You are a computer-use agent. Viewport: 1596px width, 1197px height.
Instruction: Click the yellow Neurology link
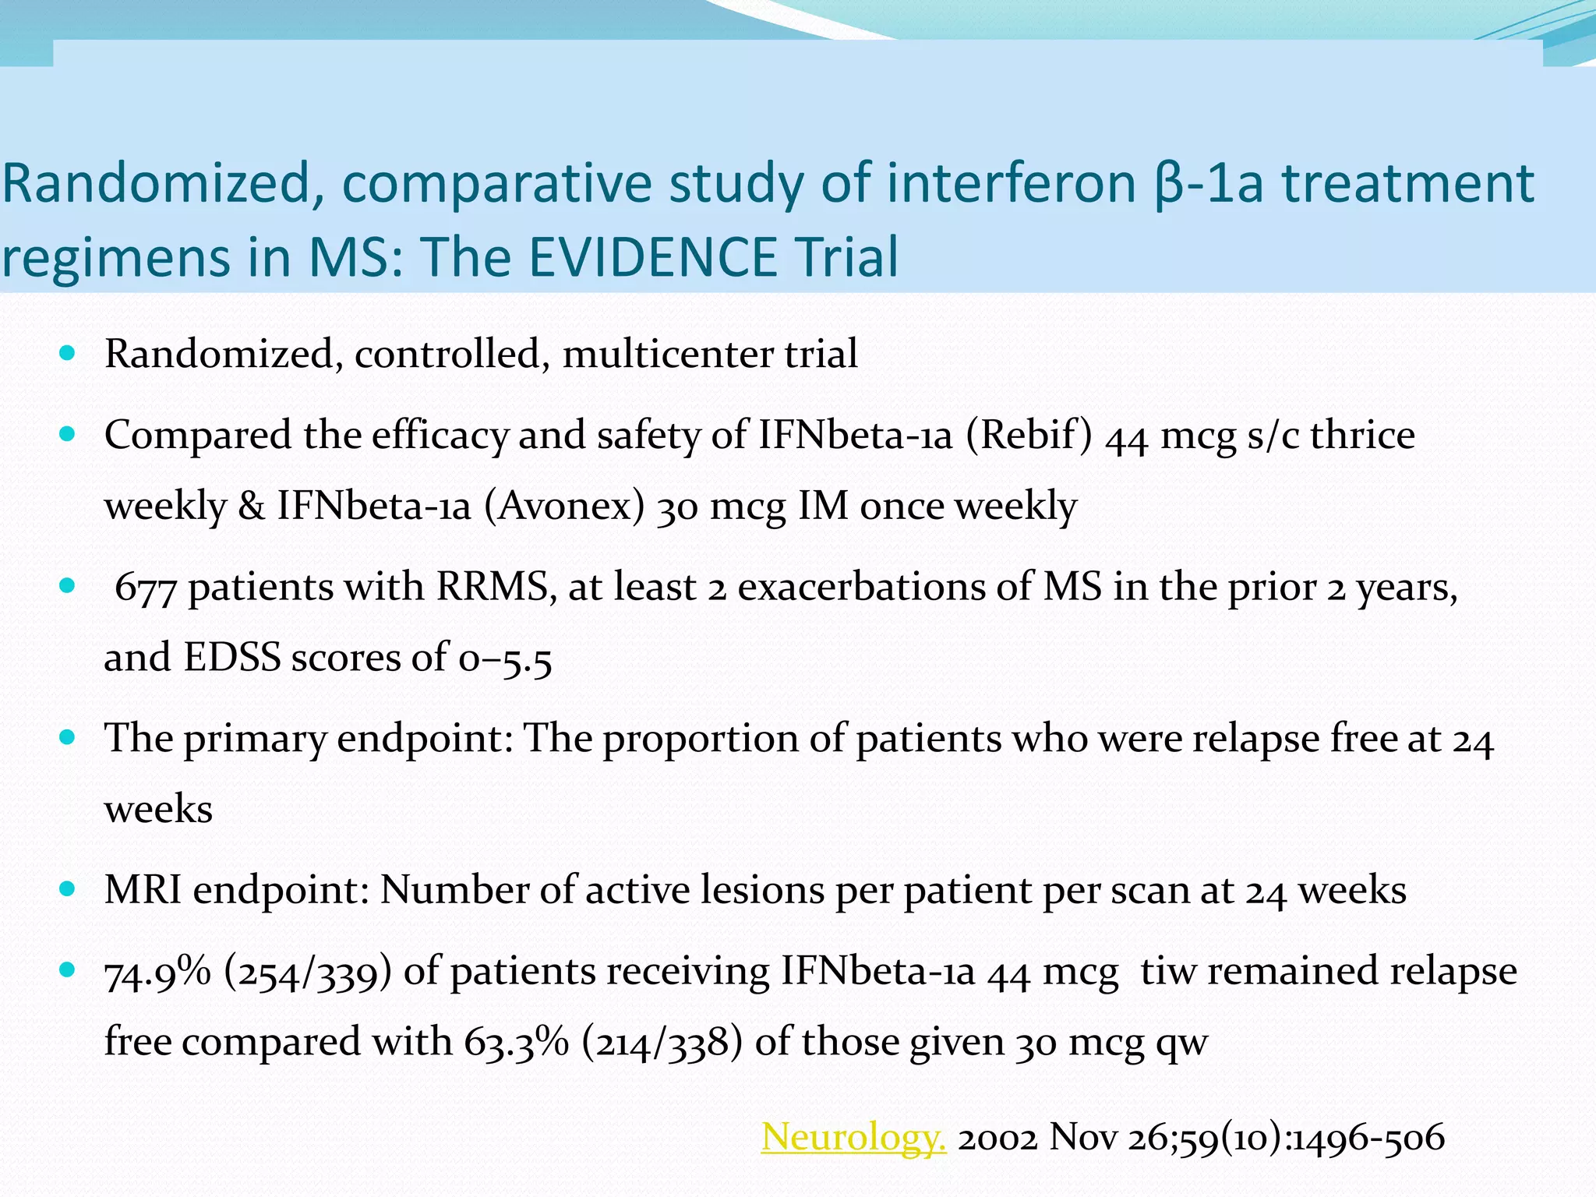853,1136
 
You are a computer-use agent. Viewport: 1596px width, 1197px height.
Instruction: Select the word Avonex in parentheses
564,505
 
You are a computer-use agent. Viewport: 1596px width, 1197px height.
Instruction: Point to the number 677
146,587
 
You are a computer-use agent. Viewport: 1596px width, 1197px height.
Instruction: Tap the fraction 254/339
307,972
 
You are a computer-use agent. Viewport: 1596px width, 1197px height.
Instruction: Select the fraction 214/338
662,1042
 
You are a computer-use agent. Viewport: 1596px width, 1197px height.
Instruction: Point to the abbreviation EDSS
231,656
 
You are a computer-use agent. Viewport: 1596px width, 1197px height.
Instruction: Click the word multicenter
667,353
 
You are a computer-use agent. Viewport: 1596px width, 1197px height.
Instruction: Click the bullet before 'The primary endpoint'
67,736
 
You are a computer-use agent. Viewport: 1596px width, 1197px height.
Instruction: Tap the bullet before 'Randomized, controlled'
67,353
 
